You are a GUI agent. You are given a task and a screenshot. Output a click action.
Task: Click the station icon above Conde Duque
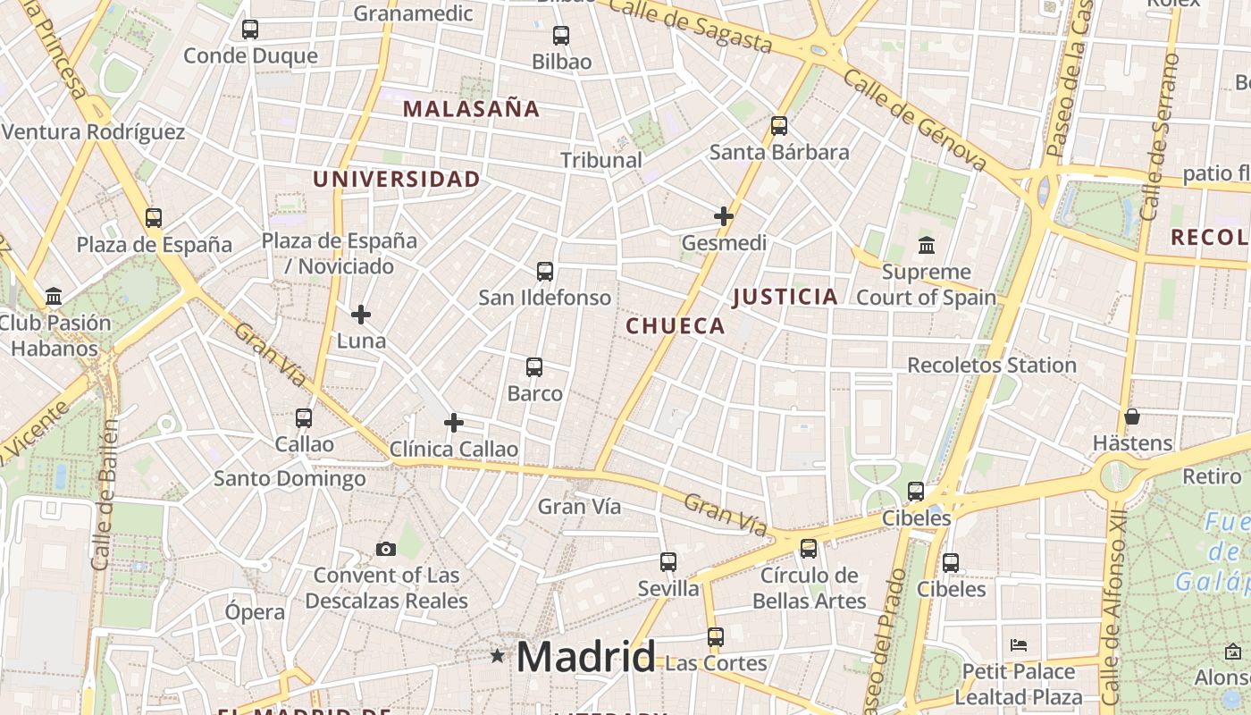click(x=250, y=29)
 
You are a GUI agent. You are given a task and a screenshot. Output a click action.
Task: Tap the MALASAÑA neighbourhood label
click(x=471, y=109)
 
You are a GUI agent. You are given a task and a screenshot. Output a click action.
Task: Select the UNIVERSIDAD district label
click(x=396, y=179)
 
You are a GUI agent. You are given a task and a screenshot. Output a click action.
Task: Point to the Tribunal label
click(x=600, y=160)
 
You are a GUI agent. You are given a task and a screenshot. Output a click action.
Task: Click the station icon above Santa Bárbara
click(x=779, y=126)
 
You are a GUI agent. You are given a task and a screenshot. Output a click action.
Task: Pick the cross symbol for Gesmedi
click(x=724, y=216)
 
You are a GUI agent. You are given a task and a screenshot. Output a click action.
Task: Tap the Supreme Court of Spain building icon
click(x=927, y=245)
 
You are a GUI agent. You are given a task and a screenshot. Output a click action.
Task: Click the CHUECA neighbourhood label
click(x=676, y=326)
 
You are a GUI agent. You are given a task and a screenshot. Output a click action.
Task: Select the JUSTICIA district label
click(x=785, y=297)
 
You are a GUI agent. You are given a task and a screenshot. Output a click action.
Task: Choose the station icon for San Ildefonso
click(x=545, y=272)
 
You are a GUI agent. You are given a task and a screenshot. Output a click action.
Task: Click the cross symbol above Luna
click(x=361, y=315)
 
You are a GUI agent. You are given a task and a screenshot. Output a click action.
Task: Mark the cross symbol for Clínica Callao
click(x=454, y=423)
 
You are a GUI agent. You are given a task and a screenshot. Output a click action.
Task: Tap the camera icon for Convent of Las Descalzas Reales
click(x=386, y=549)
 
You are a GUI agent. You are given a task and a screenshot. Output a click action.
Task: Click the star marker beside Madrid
click(x=498, y=656)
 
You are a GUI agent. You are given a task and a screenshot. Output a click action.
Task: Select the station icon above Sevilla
click(x=668, y=562)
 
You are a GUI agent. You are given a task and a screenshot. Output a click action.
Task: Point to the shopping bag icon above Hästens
click(x=1132, y=416)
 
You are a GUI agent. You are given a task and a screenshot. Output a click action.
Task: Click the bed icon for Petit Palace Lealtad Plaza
click(x=1019, y=645)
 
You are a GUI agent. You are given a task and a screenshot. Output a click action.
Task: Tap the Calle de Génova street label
click(x=914, y=121)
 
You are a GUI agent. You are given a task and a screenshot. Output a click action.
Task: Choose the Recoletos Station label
click(x=992, y=365)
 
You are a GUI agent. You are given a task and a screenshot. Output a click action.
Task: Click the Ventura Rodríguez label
click(x=93, y=132)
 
